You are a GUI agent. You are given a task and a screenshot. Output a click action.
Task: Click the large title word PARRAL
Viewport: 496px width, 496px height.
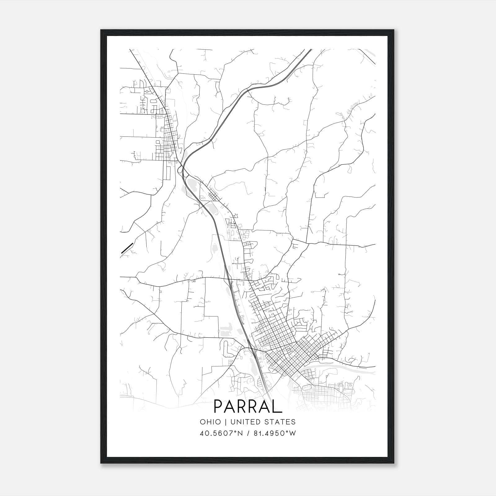tap(248, 406)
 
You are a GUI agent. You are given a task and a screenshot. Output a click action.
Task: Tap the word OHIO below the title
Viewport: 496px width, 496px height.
tap(210, 422)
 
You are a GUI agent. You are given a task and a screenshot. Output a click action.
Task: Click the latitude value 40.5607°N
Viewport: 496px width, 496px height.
tap(221, 433)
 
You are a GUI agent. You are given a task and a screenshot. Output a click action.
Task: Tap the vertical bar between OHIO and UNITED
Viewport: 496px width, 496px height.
tap(226, 422)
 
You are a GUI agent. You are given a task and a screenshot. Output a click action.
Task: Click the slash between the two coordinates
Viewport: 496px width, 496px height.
tap(248, 433)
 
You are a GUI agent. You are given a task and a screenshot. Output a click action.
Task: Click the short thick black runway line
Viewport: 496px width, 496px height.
tap(127, 248)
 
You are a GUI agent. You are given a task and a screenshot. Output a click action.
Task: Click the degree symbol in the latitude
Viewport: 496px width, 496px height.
tap(236, 432)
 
